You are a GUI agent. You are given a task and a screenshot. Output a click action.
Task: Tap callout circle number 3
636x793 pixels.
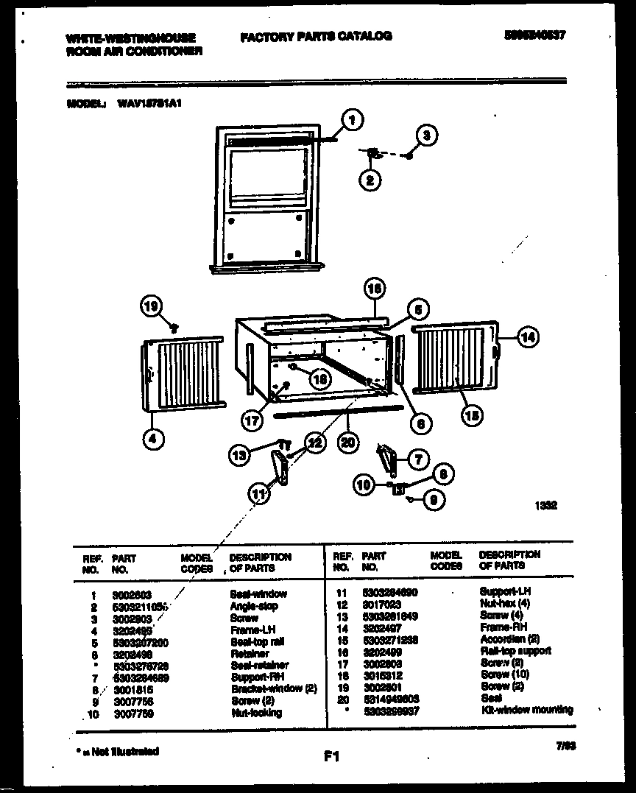click(x=425, y=135)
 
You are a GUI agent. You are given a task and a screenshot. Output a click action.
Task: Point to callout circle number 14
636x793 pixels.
click(x=527, y=337)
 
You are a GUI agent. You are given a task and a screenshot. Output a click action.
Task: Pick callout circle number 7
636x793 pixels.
click(x=418, y=459)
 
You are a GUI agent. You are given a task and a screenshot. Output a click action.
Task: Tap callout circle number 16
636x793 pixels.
click(x=374, y=289)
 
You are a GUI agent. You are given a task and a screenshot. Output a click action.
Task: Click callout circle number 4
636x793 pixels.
click(x=152, y=440)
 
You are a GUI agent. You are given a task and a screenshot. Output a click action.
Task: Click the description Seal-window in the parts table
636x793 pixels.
click(x=258, y=593)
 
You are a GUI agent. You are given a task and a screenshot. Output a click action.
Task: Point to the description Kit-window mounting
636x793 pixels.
click(x=526, y=710)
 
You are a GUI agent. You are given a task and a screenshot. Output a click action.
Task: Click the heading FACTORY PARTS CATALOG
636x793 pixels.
click(x=316, y=36)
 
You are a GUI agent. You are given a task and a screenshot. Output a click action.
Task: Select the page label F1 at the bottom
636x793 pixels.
click(x=331, y=755)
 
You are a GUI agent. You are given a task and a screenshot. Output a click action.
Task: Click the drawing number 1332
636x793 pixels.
click(x=545, y=506)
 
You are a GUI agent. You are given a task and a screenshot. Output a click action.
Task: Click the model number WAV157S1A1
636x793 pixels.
click(x=149, y=104)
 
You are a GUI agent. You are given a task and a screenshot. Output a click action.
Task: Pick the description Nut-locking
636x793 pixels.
click(x=255, y=713)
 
